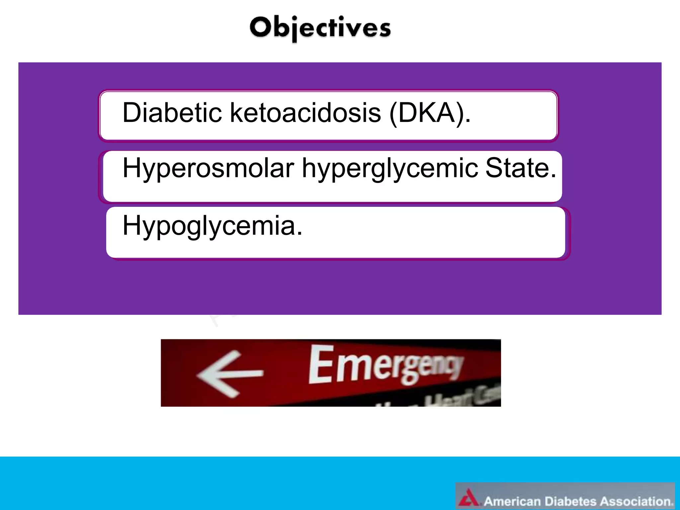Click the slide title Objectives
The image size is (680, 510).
[x=320, y=28]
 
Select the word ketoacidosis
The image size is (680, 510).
[x=305, y=113]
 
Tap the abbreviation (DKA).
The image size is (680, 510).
[x=430, y=113]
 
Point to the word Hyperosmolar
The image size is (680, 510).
[x=208, y=168]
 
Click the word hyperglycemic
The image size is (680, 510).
[x=390, y=168]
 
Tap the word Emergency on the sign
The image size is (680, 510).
[x=385, y=365]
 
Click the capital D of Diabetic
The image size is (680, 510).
[x=132, y=113]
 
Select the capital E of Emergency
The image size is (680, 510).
[x=321, y=365]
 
